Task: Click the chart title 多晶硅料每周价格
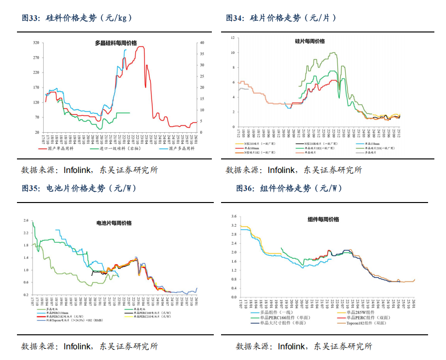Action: pos(116,43)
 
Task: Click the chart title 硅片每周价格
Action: pos(310,42)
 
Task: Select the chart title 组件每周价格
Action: pos(323,219)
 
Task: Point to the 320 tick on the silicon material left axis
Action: pos(36,43)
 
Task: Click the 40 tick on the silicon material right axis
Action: pos(202,43)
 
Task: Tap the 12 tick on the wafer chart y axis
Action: pos(233,37)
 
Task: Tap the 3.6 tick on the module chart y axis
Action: pos(234,217)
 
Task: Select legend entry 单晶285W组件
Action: pos(358,312)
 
